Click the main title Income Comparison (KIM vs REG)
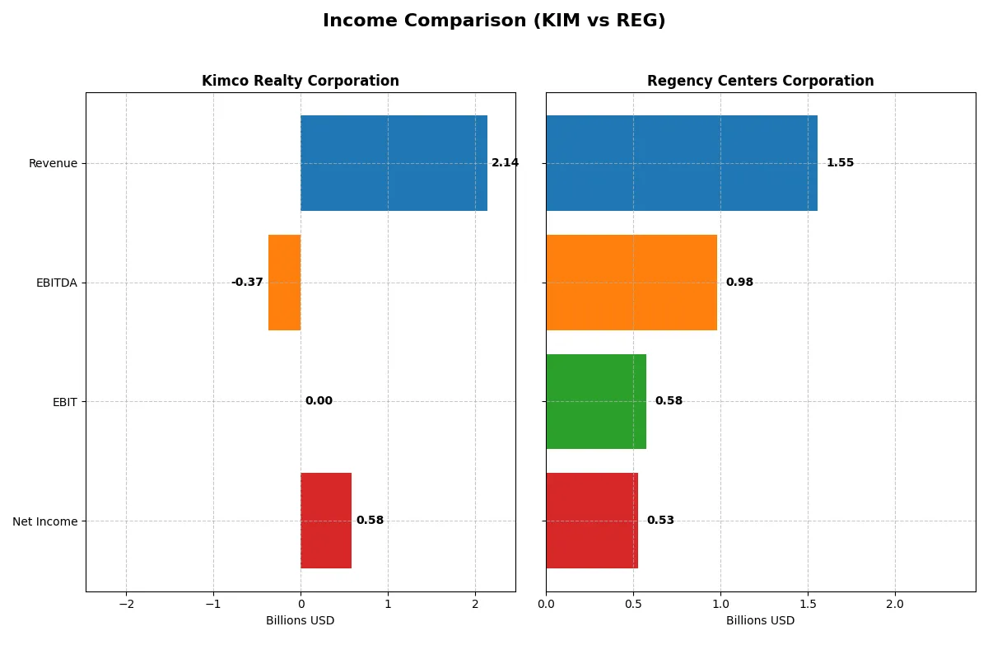point(494,21)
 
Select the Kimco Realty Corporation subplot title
point(301,81)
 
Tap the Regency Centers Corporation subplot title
point(760,81)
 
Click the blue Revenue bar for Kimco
point(394,163)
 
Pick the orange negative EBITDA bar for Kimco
point(285,283)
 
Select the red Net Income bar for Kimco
point(326,521)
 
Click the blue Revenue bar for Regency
point(681,163)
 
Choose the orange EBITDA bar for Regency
point(631,283)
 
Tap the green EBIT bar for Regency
point(596,402)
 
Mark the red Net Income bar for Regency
point(592,521)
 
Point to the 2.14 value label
point(505,163)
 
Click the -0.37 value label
point(247,283)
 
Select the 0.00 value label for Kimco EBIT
point(319,401)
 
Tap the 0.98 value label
point(739,283)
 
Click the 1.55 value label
point(840,163)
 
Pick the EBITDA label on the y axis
point(56,283)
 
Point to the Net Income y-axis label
point(45,521)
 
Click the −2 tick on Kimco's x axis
point(126,604)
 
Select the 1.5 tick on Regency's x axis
point(808,604)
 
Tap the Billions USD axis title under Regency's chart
point(760,620)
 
